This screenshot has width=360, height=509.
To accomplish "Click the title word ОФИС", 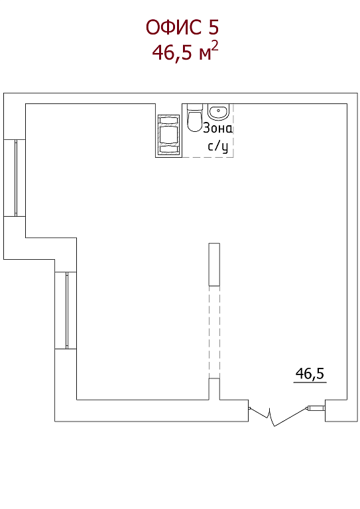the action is pos(174,27).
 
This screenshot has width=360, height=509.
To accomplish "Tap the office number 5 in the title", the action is pos(213,27).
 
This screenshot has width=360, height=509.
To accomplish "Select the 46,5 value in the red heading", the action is pos(172,52).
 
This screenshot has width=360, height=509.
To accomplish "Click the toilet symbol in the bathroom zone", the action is pos(195,118).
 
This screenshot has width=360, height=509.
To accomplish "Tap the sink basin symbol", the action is pos(218,112).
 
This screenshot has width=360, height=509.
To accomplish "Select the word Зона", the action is pos(218,129).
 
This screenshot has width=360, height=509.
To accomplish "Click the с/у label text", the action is pos(218,146).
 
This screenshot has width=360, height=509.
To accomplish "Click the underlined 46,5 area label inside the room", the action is pos(310,373).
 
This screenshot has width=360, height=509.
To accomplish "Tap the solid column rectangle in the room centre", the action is pos(214,264).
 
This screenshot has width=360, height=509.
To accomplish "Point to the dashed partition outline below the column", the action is pos(214,332).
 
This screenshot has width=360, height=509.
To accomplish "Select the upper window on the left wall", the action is pos(15,178).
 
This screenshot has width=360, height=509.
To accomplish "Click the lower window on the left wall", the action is pos(66,310).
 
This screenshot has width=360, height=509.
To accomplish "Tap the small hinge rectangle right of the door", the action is pos(316,408).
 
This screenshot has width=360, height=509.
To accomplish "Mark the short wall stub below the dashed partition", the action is pos(214,389).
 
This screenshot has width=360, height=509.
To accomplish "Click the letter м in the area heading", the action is pos(205,54).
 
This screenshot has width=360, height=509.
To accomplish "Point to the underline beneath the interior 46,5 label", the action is pos(310,382).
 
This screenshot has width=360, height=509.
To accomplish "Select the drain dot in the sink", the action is pos(219,111).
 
